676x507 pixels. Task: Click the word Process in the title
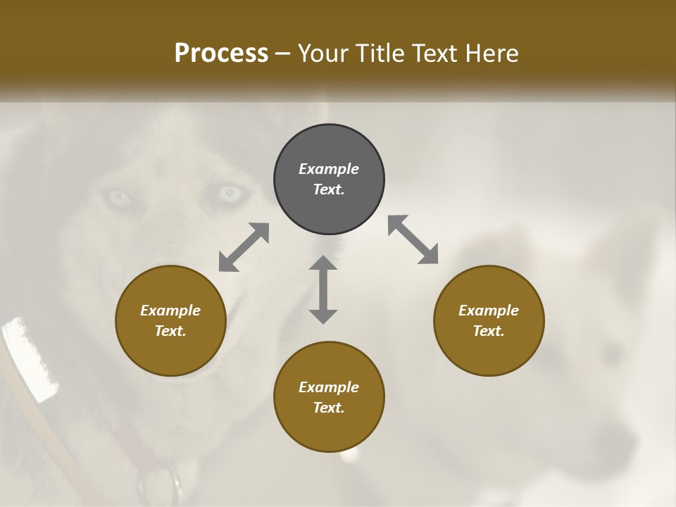tap(221, 54)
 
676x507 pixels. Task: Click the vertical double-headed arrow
tap(323, 289)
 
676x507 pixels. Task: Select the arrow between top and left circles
tap(244, 247)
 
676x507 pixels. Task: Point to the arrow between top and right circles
tap(413, 239)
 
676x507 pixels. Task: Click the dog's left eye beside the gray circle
tap(229, 192)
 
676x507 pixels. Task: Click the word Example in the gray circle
tap(329, 169)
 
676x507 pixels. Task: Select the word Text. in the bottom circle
tap(329, 408)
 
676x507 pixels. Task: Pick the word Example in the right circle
tap(489, 311)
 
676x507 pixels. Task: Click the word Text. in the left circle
tap(170, 331)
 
